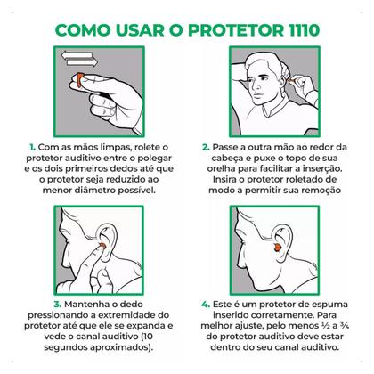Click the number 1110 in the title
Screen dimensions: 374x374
304,30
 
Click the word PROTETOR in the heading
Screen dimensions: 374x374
235,30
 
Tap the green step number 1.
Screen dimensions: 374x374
32,147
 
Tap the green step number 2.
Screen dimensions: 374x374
206,147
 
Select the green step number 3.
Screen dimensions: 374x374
58,305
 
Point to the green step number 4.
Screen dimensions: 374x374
206,305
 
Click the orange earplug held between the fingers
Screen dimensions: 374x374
80,80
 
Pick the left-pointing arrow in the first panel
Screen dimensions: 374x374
77,55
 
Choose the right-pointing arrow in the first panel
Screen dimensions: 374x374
82,62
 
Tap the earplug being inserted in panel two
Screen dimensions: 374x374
292,80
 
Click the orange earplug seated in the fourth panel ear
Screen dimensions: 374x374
278,248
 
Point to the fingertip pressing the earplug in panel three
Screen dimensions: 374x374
100,247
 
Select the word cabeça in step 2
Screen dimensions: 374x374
226,159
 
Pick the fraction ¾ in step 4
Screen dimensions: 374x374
345,326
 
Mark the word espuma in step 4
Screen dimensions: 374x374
329,305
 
